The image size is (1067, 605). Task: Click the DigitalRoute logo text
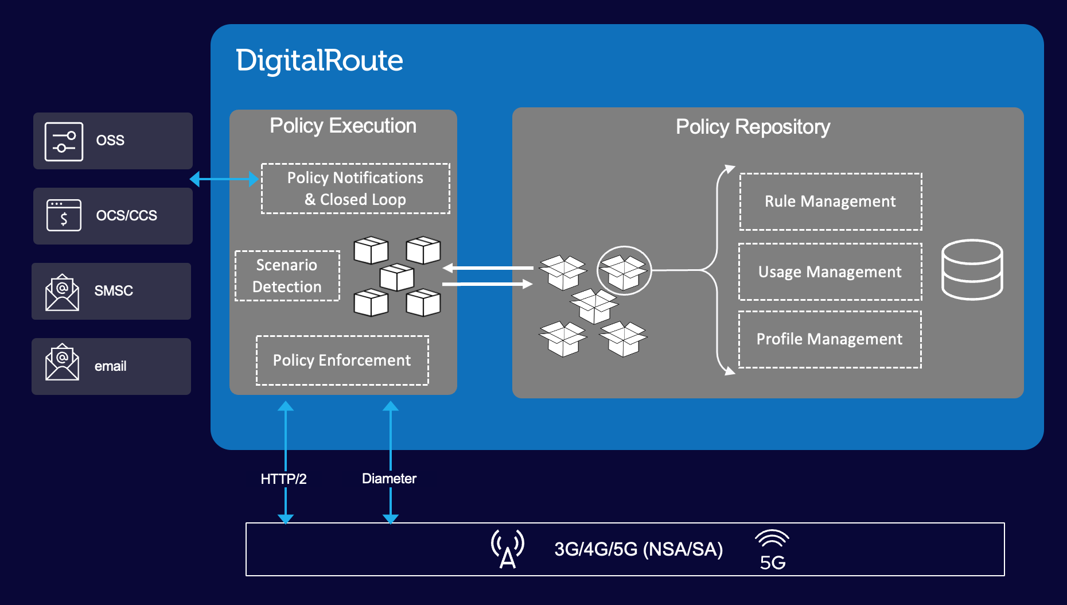point(319,60)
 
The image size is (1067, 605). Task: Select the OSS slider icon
point(64,141)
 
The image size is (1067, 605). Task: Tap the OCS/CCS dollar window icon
point(64,216)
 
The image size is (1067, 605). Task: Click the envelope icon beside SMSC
point(62,292)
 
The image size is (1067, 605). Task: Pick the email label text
point(110,366)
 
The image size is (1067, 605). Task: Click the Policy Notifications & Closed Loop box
point(355,189)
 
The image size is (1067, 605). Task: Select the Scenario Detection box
point(287,276)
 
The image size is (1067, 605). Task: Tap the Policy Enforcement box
point(342,360)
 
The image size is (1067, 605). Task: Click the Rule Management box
point(830,201)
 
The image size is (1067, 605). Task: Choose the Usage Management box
point(830,272)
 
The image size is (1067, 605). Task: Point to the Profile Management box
point(830,339)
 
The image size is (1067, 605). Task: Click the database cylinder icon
point(972,270)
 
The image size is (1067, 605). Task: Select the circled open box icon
point(624,271)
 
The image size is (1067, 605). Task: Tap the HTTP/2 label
point(283,479)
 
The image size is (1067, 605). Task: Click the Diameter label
point(389,479)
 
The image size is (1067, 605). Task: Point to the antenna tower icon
point(508,549)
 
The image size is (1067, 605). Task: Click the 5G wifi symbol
point(772,550)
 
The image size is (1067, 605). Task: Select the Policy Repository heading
point(753,127)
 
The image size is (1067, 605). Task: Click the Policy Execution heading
point(343,126)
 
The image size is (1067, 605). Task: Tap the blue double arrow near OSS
point(224,179)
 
